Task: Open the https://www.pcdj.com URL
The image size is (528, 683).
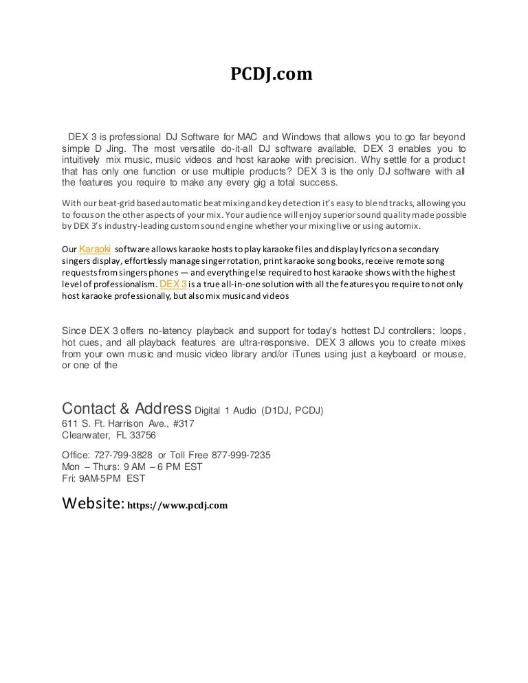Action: tap(177, 506)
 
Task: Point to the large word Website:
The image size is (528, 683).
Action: tap(93, 504)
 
